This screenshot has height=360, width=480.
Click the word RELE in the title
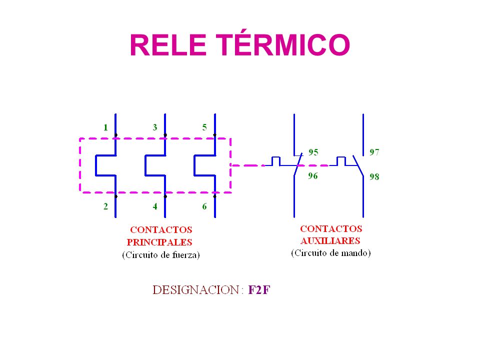coord(168,45)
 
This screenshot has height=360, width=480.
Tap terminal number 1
coord(105,127)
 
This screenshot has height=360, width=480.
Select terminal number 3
coord(155,127)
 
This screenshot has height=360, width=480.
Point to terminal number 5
coord(204,127)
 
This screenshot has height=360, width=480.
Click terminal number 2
coord(106,206)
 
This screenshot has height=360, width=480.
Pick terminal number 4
coord(155,206)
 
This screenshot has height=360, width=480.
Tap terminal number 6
coord(204,206)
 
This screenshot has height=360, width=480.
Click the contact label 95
coord(313,152)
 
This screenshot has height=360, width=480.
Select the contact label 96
coord(313,175)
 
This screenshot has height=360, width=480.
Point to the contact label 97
coord(374,152)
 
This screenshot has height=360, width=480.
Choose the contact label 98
coord(374,176)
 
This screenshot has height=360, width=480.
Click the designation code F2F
coord(259,290)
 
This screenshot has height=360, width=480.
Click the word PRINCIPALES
coord(159,242)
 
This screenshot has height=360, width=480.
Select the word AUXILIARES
coord(330,240)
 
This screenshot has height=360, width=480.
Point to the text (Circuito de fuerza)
coord(160,255)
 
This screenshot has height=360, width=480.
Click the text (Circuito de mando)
coord(331,253)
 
